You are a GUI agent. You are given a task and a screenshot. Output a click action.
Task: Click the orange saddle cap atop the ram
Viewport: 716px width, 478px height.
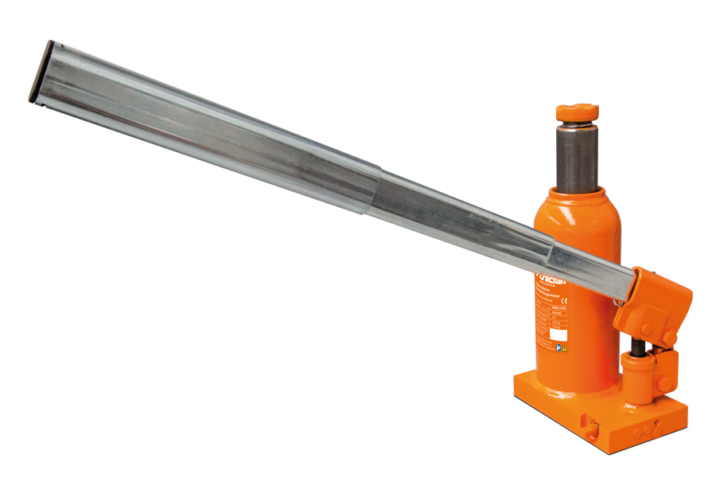tap(577, 112)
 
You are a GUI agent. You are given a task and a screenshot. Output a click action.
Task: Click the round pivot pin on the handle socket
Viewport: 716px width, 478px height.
tap(647, 329)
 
